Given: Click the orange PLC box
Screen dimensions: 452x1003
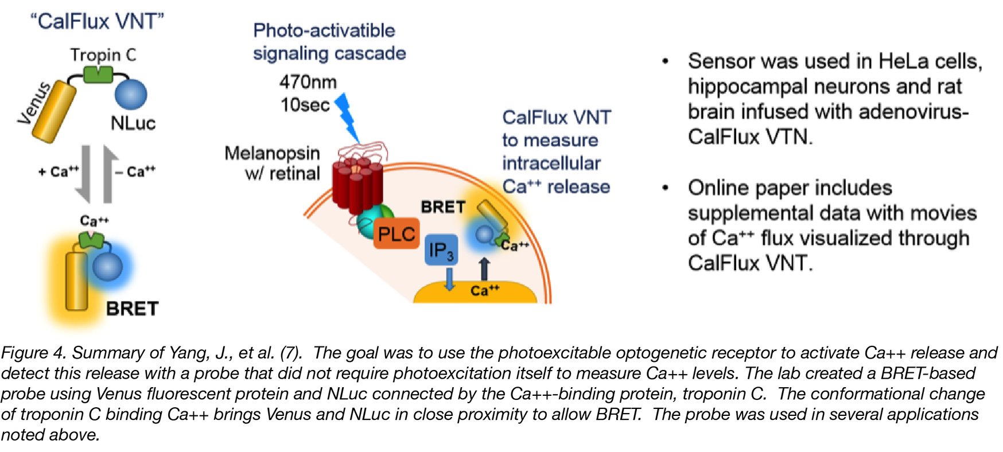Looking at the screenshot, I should (396, 235).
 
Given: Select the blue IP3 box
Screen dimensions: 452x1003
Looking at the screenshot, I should (441, 250).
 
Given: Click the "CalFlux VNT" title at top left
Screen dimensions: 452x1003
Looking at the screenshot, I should (97, 21).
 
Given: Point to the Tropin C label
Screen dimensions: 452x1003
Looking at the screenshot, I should (103, 55).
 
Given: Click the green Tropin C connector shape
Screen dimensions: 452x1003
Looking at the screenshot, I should (98, 74).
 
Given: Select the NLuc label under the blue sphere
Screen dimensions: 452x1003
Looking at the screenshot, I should (133, 123).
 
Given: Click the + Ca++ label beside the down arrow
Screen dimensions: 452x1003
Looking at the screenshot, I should (59, 171).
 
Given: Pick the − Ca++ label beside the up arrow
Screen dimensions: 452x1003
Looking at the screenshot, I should (136, 171).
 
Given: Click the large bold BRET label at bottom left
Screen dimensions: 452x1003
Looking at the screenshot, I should (132, 309).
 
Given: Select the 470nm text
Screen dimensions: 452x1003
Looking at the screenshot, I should (308, 82).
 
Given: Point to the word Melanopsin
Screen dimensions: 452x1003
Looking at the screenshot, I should (272, 153).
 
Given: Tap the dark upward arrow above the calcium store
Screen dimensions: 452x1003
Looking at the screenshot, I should (484, 268).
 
